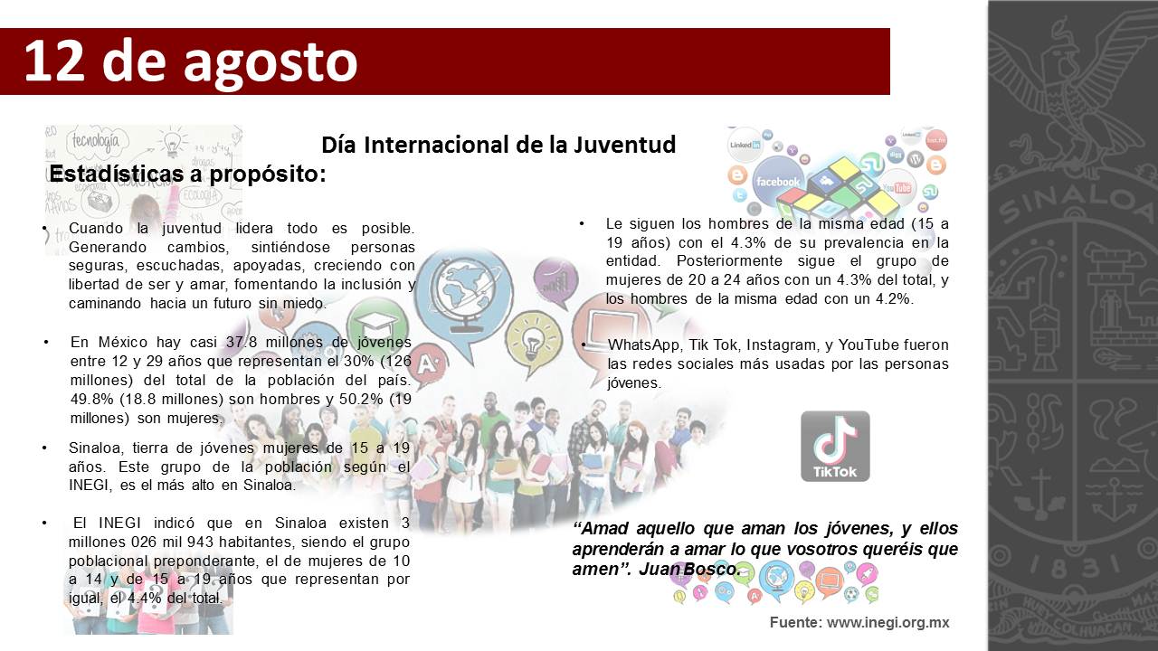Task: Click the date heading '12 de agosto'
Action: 191,61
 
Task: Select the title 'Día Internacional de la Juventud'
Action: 498,145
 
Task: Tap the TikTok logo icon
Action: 835,446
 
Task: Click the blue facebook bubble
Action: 778,181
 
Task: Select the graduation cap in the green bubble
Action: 378,323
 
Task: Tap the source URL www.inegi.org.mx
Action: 887,623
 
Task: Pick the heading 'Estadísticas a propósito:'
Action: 187,174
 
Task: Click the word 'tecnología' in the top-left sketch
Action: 95,141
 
